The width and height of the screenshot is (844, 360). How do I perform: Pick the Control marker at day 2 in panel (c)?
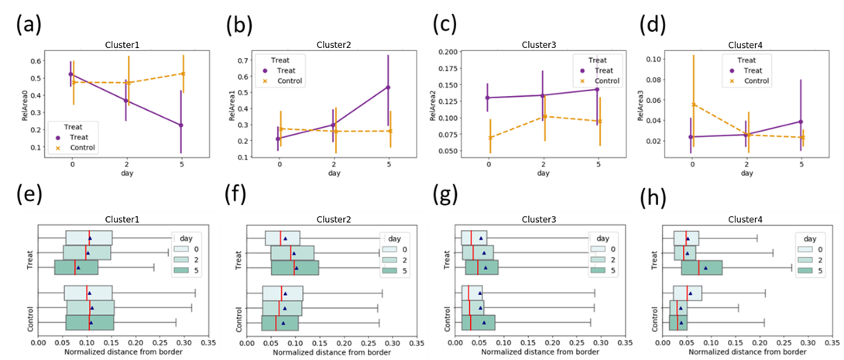543,116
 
